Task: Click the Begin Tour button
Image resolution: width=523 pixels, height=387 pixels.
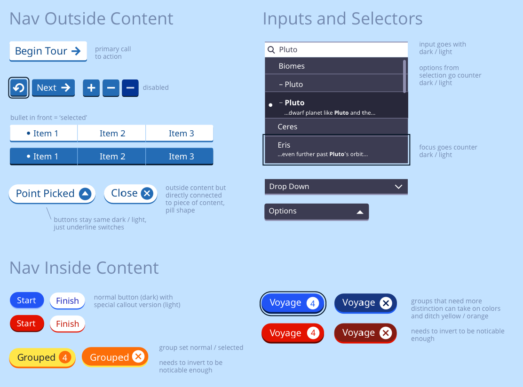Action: (48, 51)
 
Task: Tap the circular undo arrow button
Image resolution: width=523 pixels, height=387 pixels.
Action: (19, 88)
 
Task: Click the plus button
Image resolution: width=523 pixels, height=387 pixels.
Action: (91, 88)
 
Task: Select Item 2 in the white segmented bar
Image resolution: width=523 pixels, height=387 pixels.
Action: (112, 134)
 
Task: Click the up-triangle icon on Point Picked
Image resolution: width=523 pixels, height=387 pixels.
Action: (85, 194)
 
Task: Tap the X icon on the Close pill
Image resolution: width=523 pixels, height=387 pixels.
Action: (147, 193)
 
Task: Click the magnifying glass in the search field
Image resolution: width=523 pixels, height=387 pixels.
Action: (271, 50)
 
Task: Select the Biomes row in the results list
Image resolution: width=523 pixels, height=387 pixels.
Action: (334, 66)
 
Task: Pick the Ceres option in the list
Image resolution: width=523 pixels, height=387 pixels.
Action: (336, 127)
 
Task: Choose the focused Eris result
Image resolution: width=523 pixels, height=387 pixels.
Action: (336, 150)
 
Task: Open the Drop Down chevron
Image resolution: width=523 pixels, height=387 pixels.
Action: (398, 187)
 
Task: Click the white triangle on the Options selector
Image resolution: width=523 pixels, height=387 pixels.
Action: (360, 212)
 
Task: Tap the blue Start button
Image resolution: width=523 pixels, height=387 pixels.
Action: (27, 300)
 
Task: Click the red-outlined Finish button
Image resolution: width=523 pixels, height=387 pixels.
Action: (67, 324)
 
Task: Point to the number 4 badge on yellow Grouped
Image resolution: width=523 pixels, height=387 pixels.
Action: (65, 358)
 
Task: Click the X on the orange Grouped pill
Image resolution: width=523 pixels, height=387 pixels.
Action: (138, 356)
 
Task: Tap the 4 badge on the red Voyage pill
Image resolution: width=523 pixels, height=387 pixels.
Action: (313, 333)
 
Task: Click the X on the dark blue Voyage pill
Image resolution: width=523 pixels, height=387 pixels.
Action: (386, 303)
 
